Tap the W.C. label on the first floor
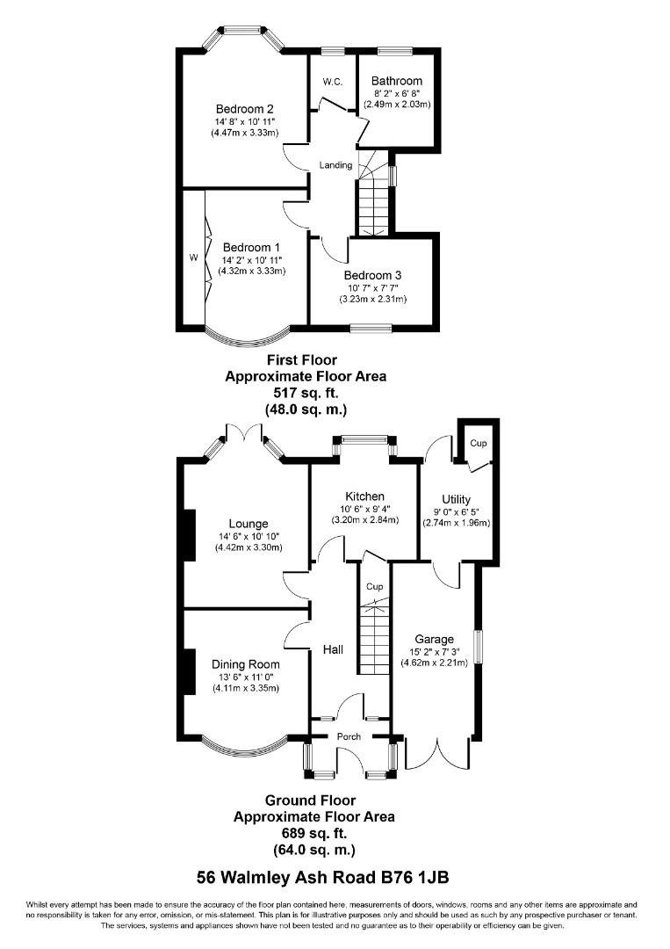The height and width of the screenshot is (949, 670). click(x=332, y=82)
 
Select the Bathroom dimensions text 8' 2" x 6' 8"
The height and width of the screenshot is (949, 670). click(x=397, y=93)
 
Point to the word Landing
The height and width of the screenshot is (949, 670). click(x=335, y=165)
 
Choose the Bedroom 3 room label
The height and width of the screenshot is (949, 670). click(x=373, y=275)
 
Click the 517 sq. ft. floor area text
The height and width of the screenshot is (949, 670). click(x=306, y=393)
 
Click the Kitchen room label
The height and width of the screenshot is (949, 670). click(x=364, y=496)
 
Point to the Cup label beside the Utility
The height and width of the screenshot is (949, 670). click(x=478, y=444)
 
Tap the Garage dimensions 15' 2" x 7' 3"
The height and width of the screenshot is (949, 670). click(x=435, y=651)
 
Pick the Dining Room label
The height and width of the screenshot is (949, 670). click(x=245, y=664)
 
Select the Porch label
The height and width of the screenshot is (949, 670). click(x=349, y=736)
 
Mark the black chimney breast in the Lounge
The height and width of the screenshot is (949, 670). click(x=187, y=535)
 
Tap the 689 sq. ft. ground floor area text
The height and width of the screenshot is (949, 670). click(x=313, y=833)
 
